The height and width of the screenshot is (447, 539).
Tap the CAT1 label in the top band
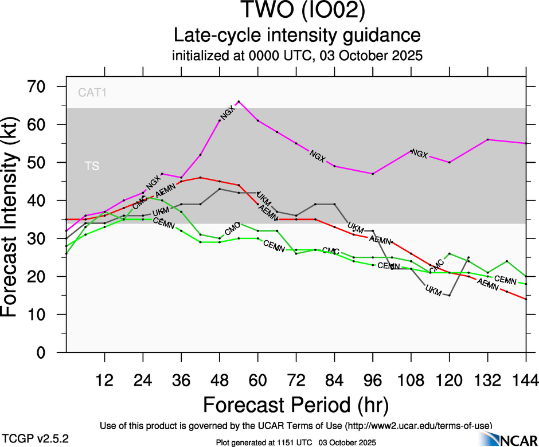(x=92, y=92)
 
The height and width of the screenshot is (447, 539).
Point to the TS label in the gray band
(x=92, y=166)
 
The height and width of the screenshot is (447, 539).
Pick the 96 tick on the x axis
(x=373, y=379)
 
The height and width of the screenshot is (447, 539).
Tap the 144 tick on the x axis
(x=526, y=379)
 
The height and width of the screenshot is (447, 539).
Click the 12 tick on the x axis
(x=104, y=379)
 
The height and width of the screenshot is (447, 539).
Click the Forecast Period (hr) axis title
(x=296, y=405)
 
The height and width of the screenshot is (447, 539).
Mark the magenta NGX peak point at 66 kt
(x=239, y=101)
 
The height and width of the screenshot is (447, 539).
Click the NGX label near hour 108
(x=420, y=154)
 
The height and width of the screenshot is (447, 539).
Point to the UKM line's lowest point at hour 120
(x=450, y=295)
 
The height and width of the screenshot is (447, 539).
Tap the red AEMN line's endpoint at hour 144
(x=526, y=299)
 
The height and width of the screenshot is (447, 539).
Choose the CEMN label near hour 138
(x=505, y=280)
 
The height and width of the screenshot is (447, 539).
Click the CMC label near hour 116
(x=437, y=266)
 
